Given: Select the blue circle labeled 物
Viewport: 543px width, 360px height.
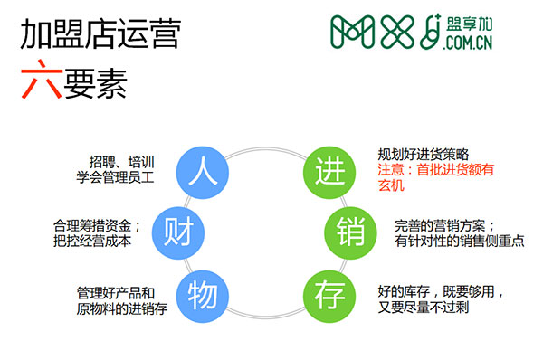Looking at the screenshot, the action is [203, 293].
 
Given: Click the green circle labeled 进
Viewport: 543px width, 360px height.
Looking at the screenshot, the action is [329, 169].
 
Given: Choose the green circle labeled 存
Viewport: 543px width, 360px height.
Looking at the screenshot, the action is [329, 293].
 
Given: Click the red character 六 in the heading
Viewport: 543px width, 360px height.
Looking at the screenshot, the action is [37, 82].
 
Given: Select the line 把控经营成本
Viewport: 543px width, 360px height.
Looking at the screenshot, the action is [94, 241].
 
